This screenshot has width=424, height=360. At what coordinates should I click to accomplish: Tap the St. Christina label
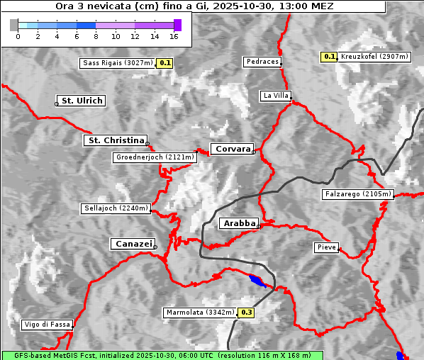pos(115,140)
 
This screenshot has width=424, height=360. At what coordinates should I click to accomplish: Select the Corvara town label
pos(233,149)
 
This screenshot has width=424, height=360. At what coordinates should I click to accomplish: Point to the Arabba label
pos(238,223)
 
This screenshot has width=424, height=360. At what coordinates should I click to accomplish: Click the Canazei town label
pos(133,244)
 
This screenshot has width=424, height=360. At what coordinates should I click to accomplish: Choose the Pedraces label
pos(262,62)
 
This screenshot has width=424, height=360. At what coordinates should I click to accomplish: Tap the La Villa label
pos(275,95)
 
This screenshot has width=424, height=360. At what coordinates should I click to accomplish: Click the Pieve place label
pos(326,247)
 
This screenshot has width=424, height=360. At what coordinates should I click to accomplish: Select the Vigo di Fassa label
pos(47,325)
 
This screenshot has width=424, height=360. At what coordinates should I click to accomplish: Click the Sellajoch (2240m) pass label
pos(116,208)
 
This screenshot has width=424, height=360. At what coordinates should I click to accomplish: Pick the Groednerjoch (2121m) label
pos(154,157)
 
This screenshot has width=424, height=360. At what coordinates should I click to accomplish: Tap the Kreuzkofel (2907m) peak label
pos(373,57)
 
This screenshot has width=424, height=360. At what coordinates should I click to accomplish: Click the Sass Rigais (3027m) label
pos(118,63)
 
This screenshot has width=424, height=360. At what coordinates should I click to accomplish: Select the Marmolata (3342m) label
pos(200,313)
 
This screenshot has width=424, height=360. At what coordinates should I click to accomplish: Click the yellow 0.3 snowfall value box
pos(247,313)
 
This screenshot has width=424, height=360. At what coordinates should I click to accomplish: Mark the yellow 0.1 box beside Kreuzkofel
pos(329,57)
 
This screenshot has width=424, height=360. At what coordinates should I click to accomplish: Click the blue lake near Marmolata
pos(257,281)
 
